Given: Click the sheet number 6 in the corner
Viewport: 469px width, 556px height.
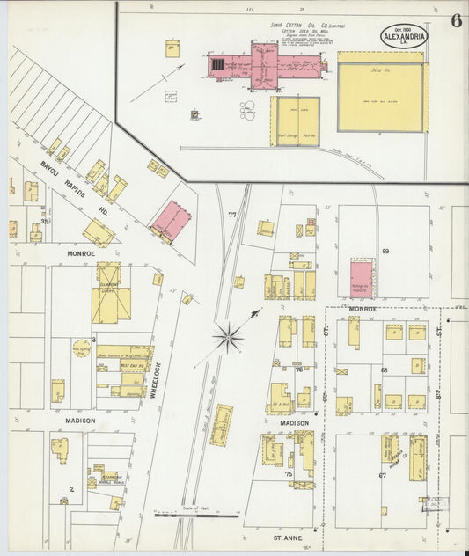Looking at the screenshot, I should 456,21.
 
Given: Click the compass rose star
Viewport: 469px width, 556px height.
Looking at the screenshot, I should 229,337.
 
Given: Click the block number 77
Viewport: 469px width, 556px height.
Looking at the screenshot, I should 232,215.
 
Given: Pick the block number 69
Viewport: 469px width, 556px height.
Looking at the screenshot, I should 385,252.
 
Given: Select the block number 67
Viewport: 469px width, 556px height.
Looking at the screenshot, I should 383,475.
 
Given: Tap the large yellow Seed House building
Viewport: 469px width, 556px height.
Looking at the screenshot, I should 380,97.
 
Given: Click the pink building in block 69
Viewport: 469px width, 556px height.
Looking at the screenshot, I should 361,278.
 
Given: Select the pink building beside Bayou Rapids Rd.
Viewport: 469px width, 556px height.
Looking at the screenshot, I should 171,221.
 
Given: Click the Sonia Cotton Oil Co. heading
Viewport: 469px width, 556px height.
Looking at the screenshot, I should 307,26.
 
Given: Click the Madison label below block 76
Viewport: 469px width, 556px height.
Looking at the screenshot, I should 295,423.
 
